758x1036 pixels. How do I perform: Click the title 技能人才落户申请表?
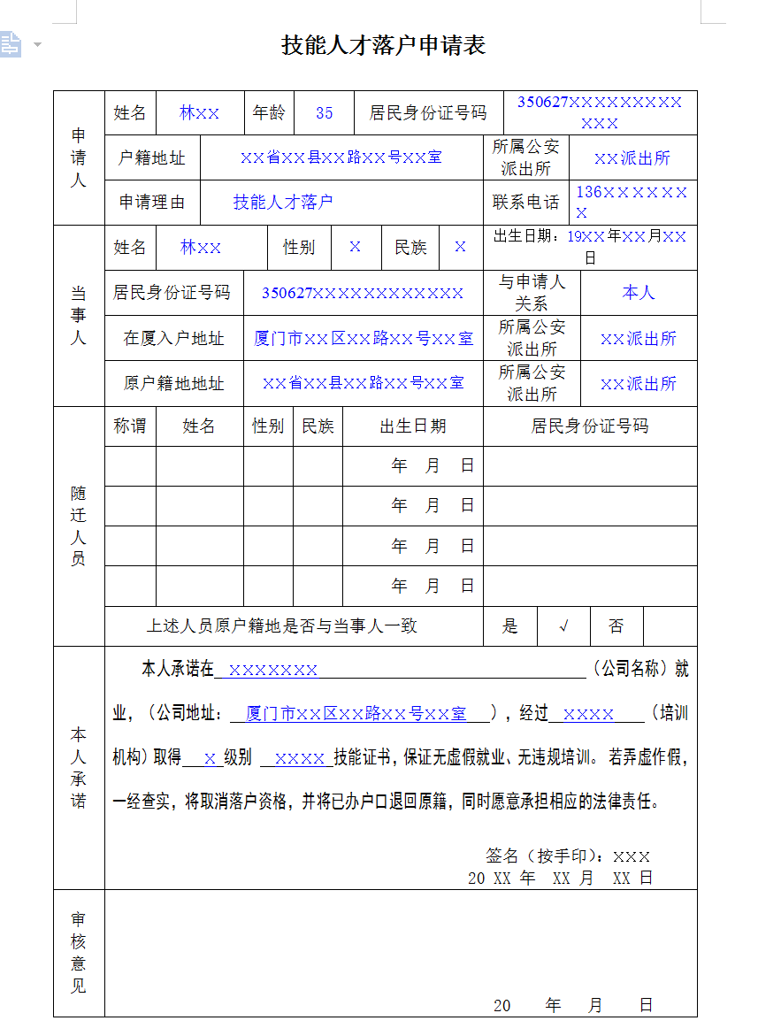pyautogui.click(x=384, y=45)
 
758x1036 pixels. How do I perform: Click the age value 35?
pyautogui.click(x=325, y=113)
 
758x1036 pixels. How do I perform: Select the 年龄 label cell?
pyautogui.click(x=269, y=113)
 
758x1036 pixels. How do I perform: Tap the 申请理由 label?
pyautogui.click(x=152, y=202)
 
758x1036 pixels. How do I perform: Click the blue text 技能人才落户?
pyautogui.click(x=283, y=202)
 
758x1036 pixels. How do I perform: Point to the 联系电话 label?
pyautogui.click(x=526, y=202)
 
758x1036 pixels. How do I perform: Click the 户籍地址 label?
pyautogui.click(x=152, y=158)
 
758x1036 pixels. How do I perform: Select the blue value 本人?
pyautogui.click(x=639, y=292)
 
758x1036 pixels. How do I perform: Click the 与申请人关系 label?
pyautogui.click(x=532, y=292)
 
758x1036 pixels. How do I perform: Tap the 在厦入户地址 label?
pyautogui.click(x=173, y=338)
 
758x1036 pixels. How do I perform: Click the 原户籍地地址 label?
pyautogui.click(x=173, y=383)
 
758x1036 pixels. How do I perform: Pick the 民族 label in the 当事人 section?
pyautogui.click(x=410, y=247)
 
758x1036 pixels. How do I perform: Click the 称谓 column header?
pyautogui.click(x=130, y=426)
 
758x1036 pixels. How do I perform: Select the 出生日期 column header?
pyautogui.click(x=413, y=426)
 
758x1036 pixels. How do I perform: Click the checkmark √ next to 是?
pyautogui.click(x=563, y=626)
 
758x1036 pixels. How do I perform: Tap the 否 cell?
pyautogui.click(x=616, y=626)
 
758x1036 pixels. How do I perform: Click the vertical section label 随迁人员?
pyautogui.click(x=79, y=526)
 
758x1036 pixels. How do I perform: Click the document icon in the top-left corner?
pyautogui.click(x=11, y=43)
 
